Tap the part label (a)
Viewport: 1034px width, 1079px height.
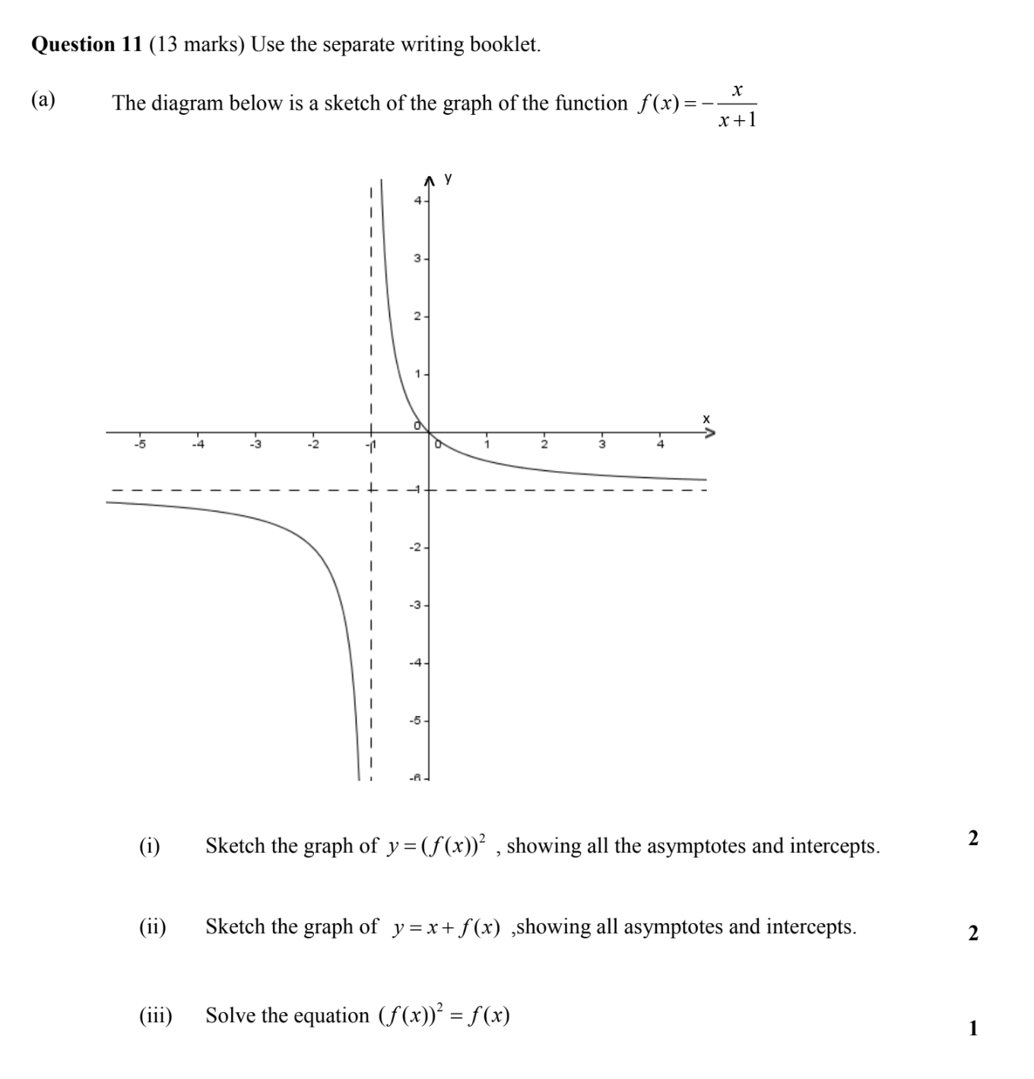pyautogui.click(x=43, y=100)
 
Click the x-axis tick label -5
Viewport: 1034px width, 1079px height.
pyautogui.click(x=139, y=444)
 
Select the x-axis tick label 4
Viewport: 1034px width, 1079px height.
pyautogui.click(x=660, y=444)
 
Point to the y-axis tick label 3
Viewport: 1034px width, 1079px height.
pyautogui.click(x=417, y=259)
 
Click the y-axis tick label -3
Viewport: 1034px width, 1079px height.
pyautogui.click(x=414, y=606)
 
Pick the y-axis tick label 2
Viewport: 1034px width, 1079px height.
pyautogui.click(x=417, y=316)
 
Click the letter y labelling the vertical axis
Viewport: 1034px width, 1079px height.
pyautogui.click(x=448, y=179)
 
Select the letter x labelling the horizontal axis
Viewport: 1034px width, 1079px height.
pyautogui.click(x=706, y=419)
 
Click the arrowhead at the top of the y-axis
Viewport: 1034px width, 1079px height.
pyautogui.click(x=430, y=180)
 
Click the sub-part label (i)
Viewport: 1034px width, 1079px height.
pyautogui.click(x=150, y=846)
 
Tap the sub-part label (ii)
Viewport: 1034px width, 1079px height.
pyautogui.click(x=152, y=927)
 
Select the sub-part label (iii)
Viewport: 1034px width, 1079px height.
pyautogui.click(x=155, y=1016)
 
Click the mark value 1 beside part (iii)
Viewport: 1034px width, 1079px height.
pyautogui.click(x=973, y=1029)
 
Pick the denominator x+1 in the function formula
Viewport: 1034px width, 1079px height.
pyautogui.click(x=737, y=119)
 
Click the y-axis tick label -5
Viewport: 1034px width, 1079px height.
pyautogui.click(x=414, y=720)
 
